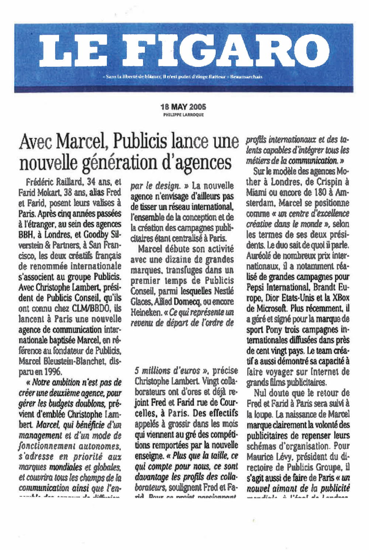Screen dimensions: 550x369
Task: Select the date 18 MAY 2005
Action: [x=183, y=107]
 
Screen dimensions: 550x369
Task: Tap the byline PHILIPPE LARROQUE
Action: [x=183, y=115]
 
